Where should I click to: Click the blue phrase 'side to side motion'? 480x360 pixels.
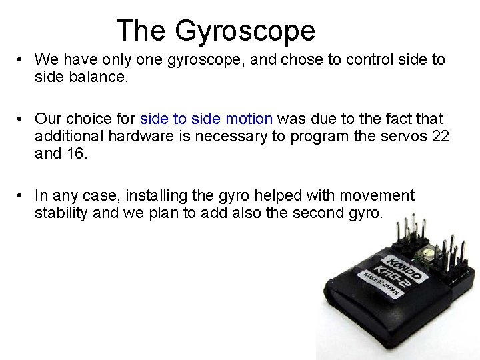(206, 119)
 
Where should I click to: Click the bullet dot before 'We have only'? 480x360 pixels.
(22, 59)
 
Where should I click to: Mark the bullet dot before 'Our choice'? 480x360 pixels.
(22, 119)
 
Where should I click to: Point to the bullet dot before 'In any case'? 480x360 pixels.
(22, 196)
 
